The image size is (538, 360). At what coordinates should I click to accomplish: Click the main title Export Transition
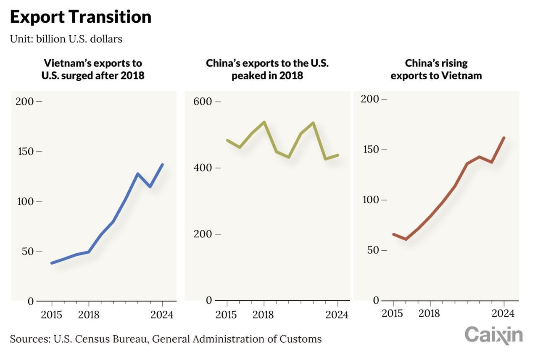coord(80,17)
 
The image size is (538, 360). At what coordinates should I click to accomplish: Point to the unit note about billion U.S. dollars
coord(66,39)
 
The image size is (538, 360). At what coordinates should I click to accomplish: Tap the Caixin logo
coord(493,335)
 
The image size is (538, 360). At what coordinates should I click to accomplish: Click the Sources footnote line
coord(166,339)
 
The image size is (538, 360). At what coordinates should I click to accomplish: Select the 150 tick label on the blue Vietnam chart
coord(26,151)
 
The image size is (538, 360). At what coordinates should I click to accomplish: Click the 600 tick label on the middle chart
coord(203,102)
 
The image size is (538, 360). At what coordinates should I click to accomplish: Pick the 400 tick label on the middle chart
coord(203,168)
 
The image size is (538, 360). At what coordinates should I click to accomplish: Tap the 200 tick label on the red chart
coord(371,99)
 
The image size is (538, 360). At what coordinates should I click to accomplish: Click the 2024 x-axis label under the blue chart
coord(162,315)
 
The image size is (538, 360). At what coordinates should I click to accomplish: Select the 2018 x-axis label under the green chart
coord(264,315)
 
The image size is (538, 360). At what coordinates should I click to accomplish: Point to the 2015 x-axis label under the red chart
coord(393,313)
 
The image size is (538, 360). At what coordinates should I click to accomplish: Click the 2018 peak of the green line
coord(264,122)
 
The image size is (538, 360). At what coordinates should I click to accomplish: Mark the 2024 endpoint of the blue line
coord(163,165)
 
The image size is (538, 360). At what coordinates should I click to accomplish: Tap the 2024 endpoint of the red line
coord(504,138)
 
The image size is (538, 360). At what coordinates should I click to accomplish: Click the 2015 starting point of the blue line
coord(52,263)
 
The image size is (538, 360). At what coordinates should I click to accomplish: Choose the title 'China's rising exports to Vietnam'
coord(436,69)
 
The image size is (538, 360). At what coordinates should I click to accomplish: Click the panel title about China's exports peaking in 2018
coord(267,69)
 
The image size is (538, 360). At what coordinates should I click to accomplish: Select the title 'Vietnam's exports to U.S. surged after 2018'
coord(93,69)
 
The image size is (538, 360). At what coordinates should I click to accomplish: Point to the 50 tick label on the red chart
coord(373,250)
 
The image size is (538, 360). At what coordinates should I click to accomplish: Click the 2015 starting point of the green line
coord(227,140)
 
